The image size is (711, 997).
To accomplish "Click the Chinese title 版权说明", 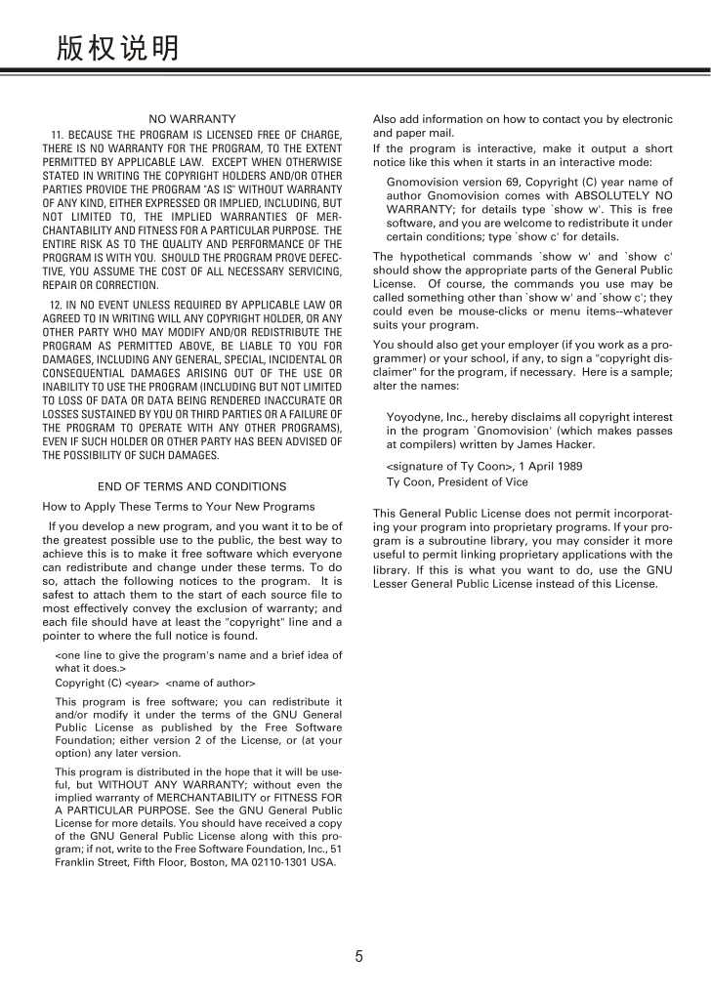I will coord(117,47).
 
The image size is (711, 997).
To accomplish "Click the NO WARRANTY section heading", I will coord(191,119).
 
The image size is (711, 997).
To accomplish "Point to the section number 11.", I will coord(57,134).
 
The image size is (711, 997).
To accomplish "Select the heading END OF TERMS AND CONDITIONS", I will coord(192,486).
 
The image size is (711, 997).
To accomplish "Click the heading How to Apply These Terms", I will coord(179,506).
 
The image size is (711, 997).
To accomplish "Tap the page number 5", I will coord(358,957).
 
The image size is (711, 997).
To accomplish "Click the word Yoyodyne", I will coord(410,417).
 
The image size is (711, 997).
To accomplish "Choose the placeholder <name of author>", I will coord(211,682).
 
